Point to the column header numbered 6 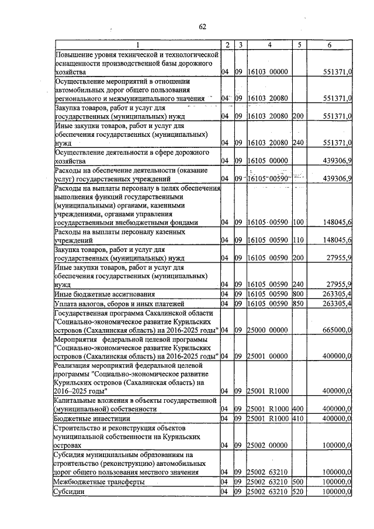[330, 46]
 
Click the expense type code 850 [299, 304]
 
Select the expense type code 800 [299, 294]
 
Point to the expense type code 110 [299, 240]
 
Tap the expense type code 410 [299, 419]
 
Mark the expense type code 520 [299, 492]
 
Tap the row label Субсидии [69, 492]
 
